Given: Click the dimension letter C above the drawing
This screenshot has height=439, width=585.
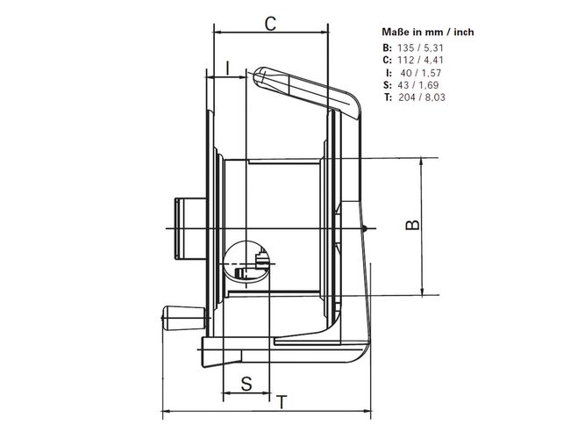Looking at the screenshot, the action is coord(270,24).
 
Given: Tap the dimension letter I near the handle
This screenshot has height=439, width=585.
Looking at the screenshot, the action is coord(228,68).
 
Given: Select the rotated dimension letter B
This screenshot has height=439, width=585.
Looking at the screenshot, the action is coord(412,225).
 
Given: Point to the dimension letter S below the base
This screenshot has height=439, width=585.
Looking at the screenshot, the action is coord(246,384).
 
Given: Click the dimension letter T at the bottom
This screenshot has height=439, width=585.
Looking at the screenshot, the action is coord(282,402).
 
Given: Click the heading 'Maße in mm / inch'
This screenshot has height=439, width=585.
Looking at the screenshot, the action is coord(428,32).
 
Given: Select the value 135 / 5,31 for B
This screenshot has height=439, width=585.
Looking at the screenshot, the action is coord(420,47).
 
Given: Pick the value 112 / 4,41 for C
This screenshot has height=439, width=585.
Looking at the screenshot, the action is coord(420,61).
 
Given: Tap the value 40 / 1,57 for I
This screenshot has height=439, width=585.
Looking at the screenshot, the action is coord(421,73).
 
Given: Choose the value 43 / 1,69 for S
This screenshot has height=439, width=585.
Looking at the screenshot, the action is coord(418,85).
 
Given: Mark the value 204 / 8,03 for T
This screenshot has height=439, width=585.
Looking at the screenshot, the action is coord(422,97).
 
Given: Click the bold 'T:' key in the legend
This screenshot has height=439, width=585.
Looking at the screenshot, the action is coord(388,97).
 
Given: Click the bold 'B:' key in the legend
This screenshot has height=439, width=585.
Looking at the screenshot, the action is coord(388,47).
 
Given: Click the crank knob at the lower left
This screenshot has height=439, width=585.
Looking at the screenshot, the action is coord(183,318).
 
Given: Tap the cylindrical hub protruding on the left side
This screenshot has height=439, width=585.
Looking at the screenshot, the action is coord(190,228).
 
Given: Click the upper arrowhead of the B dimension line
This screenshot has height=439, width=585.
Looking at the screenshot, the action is coord(422,162).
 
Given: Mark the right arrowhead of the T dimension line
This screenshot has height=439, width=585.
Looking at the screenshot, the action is coord(367,412).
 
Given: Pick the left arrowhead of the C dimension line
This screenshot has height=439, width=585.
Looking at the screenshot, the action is coord(218,32).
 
